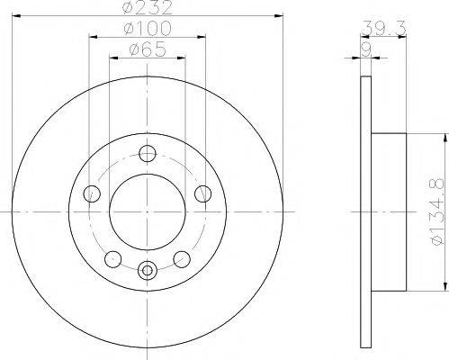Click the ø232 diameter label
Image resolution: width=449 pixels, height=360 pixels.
click(146, 10)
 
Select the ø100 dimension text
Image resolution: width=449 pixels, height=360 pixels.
click(146, 31)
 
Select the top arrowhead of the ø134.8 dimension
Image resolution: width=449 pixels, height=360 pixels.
click(445, 138)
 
